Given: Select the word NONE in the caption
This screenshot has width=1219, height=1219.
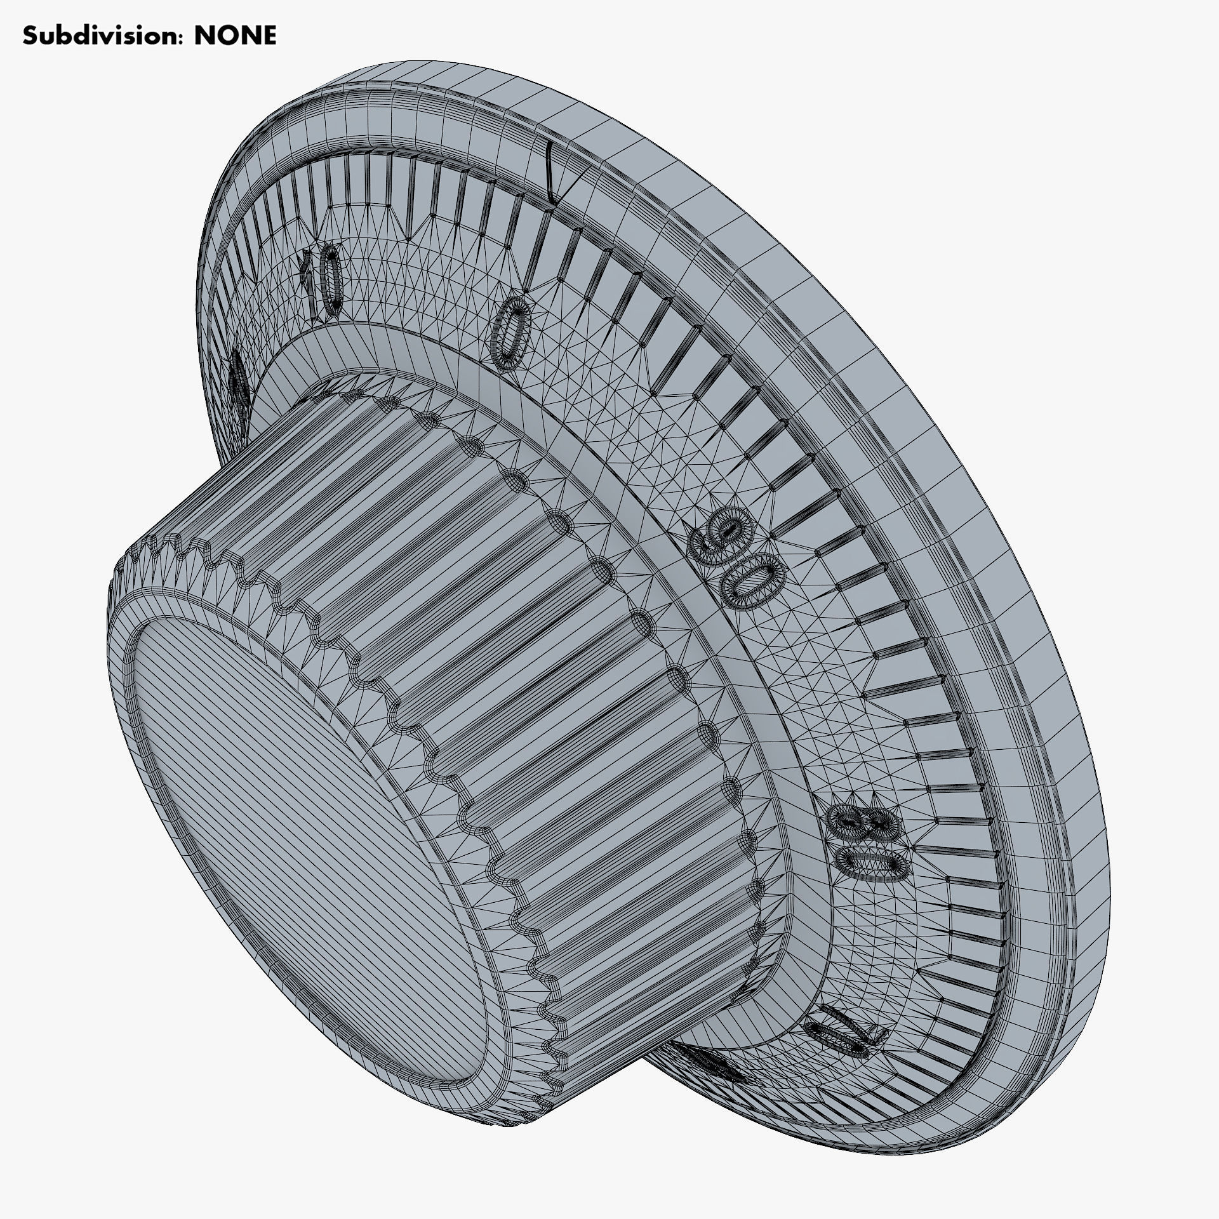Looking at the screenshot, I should [x=236, y=36].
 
